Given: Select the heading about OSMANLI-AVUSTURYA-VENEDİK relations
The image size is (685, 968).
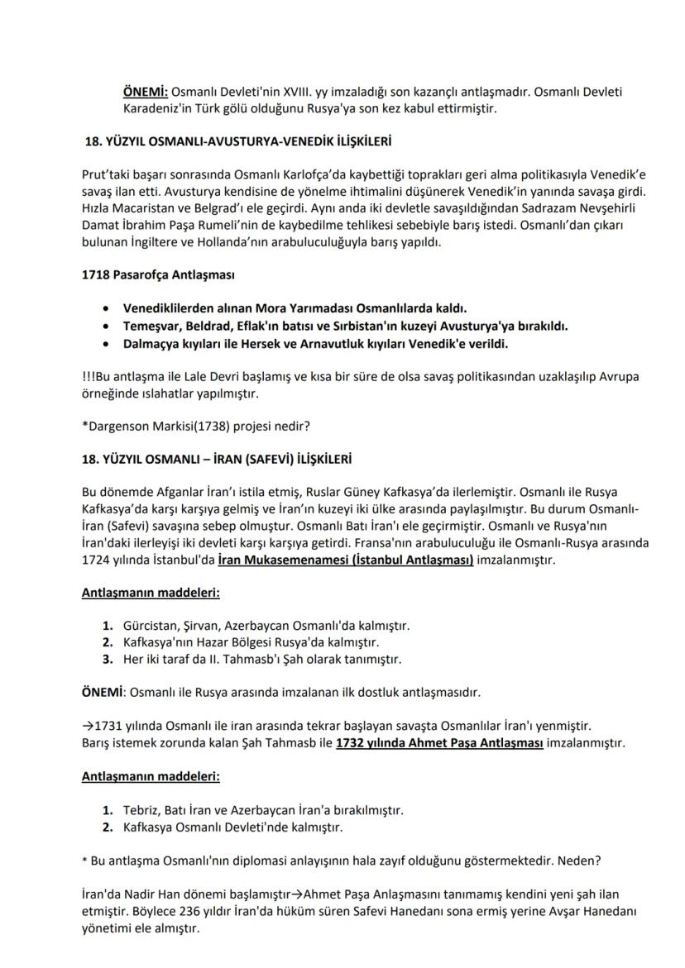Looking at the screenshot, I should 238,141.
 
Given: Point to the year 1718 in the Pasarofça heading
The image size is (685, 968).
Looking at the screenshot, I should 95,274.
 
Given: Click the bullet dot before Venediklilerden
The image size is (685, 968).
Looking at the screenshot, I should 104,308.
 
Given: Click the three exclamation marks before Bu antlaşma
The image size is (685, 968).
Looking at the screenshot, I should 88,376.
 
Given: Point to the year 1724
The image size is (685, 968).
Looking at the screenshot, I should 96,560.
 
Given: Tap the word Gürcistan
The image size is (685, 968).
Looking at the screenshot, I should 151,626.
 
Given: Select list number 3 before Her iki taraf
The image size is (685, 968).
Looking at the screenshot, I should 108,659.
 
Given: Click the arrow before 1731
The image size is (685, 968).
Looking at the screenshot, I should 89,725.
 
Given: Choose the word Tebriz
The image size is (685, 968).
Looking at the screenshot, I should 141,809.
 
